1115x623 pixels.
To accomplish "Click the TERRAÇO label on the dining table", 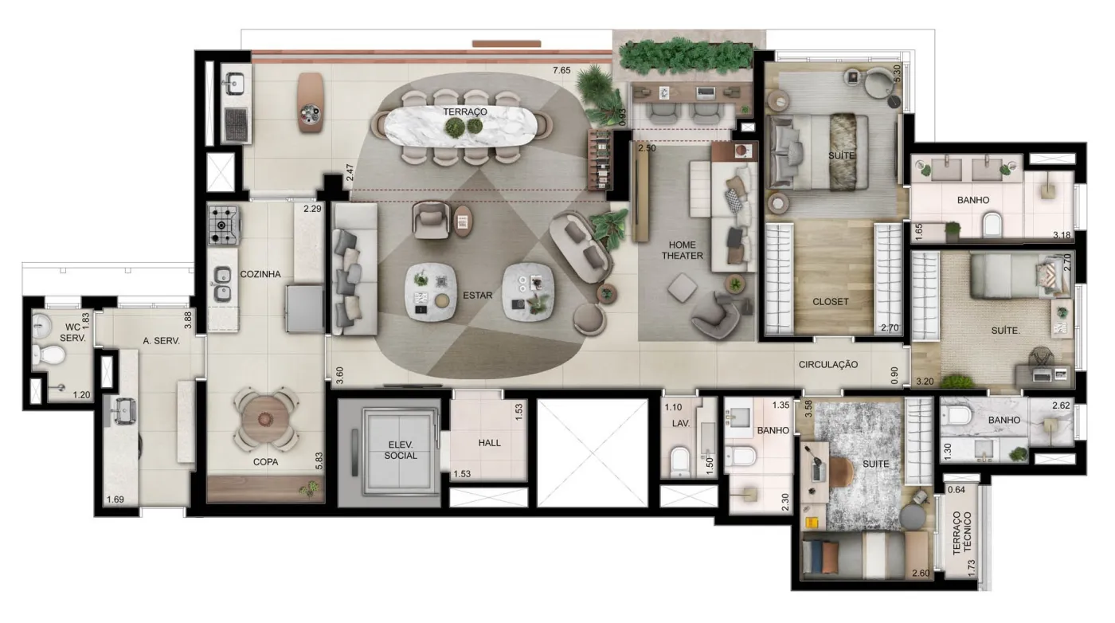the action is (465, 112).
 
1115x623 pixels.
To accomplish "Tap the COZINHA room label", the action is (260, 274).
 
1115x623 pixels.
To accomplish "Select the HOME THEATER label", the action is (682, 250).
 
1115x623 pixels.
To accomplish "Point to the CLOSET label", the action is (830, 302).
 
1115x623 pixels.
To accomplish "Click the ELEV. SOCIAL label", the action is (401, 450).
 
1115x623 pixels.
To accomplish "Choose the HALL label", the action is (489, 443).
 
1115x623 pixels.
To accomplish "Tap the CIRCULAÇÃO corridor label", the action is (828, 365).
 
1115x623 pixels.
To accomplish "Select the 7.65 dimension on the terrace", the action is (561, 70).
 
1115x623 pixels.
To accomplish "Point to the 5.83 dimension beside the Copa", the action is (319, 460).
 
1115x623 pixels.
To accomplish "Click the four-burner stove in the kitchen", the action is (224, 225).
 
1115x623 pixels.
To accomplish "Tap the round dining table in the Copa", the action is (266, 419).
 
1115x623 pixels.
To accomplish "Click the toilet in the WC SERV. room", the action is (49, 355).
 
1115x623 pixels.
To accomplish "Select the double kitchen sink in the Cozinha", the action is (222, 284).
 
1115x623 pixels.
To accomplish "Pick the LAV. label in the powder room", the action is (680, 423).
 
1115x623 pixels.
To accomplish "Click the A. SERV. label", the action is (161, 341).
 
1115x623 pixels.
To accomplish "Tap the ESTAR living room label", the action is (477, 296).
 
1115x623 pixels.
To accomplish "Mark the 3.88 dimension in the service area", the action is (188, 320).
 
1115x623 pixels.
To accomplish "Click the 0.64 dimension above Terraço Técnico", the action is (957, 489).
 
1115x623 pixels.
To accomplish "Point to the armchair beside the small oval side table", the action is (431, 220).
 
